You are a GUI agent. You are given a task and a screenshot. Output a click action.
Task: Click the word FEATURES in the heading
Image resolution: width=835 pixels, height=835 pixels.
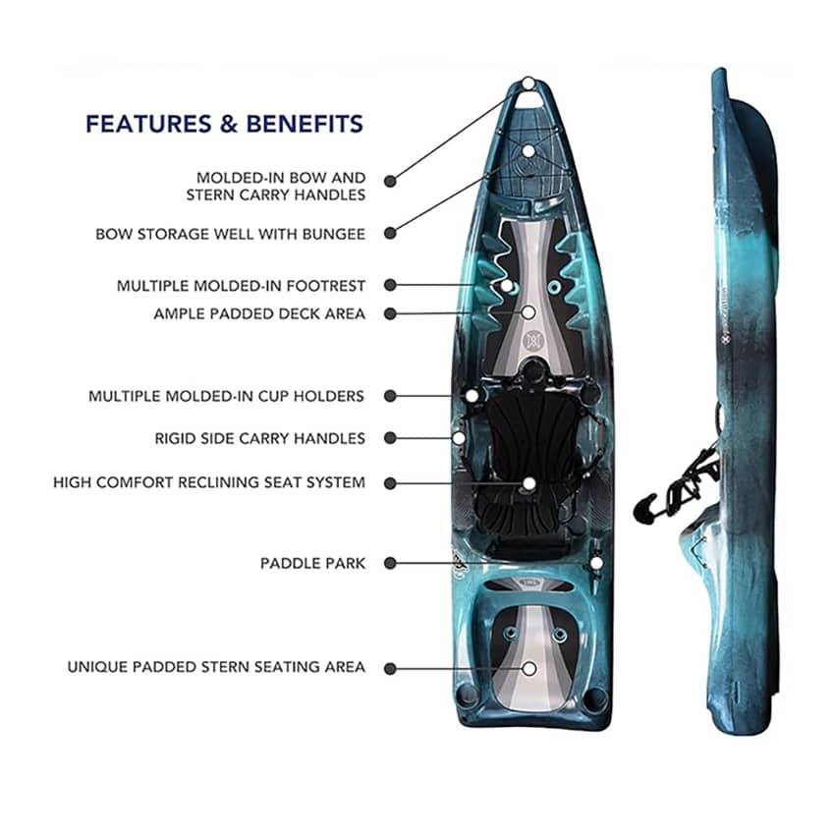tap(146, 124)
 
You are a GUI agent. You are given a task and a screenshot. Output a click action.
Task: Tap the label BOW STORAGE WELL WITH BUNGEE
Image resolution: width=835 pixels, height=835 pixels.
tap(230, 234)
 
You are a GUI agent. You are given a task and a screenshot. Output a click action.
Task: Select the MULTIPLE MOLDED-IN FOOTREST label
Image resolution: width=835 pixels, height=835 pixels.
tap(241, 286)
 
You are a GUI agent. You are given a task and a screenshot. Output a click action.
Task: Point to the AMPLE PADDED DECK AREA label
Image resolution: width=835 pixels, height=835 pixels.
tap(259, 314)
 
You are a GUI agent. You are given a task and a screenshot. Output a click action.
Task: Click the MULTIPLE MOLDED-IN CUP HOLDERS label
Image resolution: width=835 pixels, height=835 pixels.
tap(226, 396)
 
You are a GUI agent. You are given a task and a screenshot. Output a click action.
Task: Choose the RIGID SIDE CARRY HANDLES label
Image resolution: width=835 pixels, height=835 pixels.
tap(259, 438)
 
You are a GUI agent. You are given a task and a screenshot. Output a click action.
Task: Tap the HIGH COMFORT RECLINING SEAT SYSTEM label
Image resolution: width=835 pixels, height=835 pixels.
tap(209, 482)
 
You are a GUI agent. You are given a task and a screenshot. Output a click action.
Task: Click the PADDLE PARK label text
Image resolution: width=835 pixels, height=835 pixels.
tap(312, 564)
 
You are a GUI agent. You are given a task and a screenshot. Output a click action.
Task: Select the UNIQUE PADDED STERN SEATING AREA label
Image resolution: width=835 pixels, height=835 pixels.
tap(216, 667)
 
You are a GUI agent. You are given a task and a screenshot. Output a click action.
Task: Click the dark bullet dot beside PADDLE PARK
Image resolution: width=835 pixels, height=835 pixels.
tap(390, 564)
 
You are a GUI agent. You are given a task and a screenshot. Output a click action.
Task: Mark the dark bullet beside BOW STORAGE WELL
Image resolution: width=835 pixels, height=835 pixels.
tap(390, 234)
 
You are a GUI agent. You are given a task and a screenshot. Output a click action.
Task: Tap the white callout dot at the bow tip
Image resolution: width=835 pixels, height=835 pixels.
tap(529, 83)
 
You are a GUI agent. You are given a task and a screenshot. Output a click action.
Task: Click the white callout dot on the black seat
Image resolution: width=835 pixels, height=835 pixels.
tap(529, 483)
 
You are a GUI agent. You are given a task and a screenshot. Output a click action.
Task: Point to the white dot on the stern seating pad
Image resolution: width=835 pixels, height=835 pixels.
tap(529, 668)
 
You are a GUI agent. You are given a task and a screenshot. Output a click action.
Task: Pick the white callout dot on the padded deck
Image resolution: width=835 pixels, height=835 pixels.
tap(529, 312)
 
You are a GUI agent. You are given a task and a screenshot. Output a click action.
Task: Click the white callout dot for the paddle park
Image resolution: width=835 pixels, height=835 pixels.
tap(596, 563)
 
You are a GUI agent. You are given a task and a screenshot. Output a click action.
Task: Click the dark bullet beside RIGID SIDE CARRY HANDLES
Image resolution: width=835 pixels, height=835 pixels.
tap(390, 438)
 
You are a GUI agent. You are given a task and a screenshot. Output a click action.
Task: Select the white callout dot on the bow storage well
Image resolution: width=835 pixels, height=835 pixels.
tap(529, 151)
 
